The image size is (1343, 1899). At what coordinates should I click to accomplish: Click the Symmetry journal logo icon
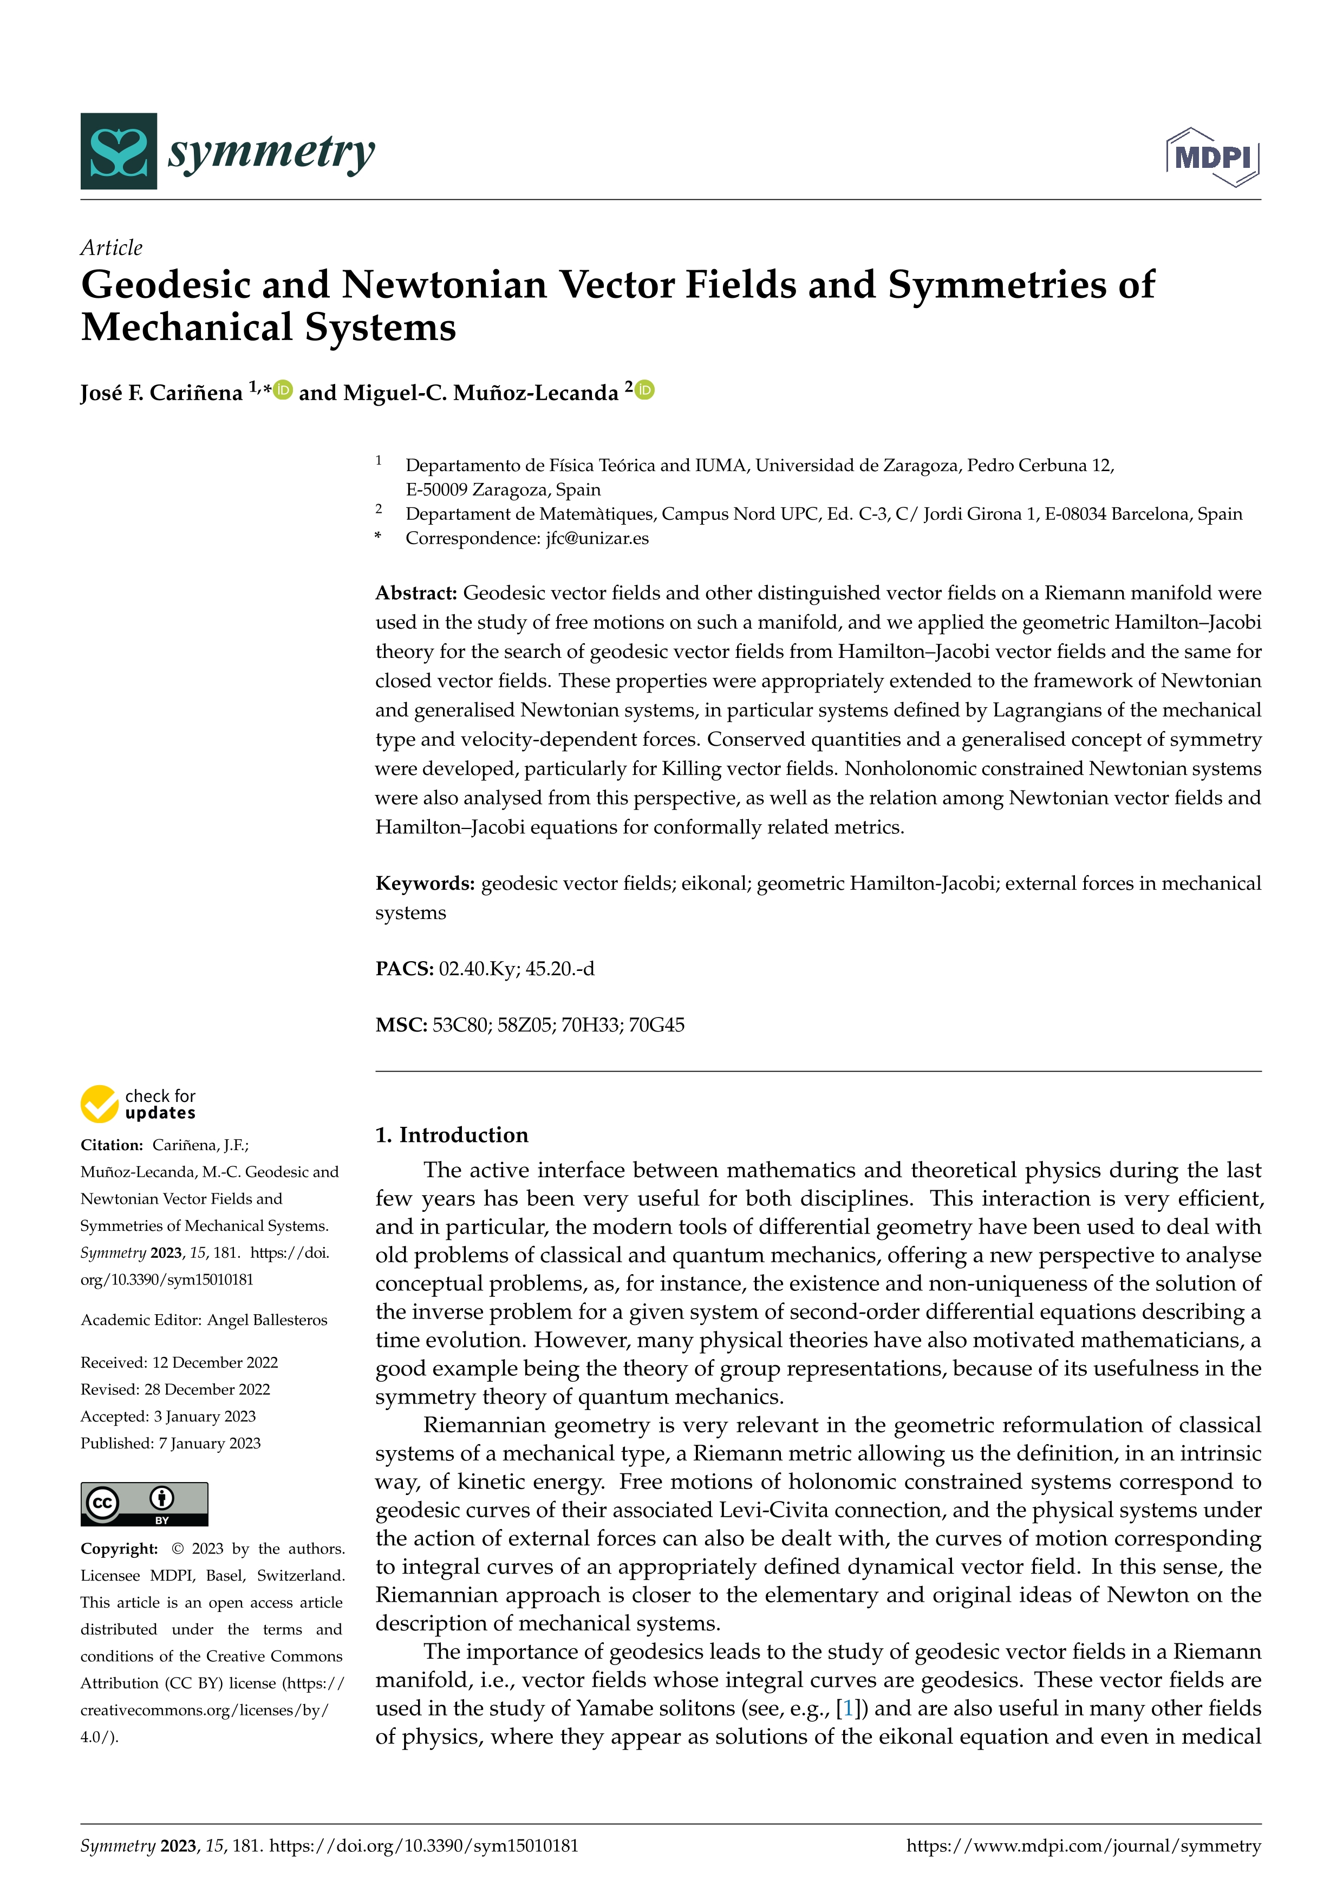pyautogui.click(x=118, y=152)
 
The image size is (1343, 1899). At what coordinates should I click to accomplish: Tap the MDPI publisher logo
pyautogui.click(x=1212, y=157)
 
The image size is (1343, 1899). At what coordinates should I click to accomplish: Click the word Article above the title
pyautogui.click(x=112, y=247)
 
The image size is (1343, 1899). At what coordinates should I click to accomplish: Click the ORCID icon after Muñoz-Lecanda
pyautogui.click(x=645, y=389)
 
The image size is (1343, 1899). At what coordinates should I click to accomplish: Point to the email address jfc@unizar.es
pyautogui.click(x=597, y=538)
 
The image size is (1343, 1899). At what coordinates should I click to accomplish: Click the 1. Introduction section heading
pyautogui.click(x=452, y=1135)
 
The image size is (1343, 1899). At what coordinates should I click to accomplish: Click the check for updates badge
pyautogui.click(x=138, y=1104)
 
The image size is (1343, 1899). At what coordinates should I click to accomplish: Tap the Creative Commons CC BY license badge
pyautogui.click(x=144, y=1504)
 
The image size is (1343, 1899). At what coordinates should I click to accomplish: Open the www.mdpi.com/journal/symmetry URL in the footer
pyautogui.click(x=1083, y=1846)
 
